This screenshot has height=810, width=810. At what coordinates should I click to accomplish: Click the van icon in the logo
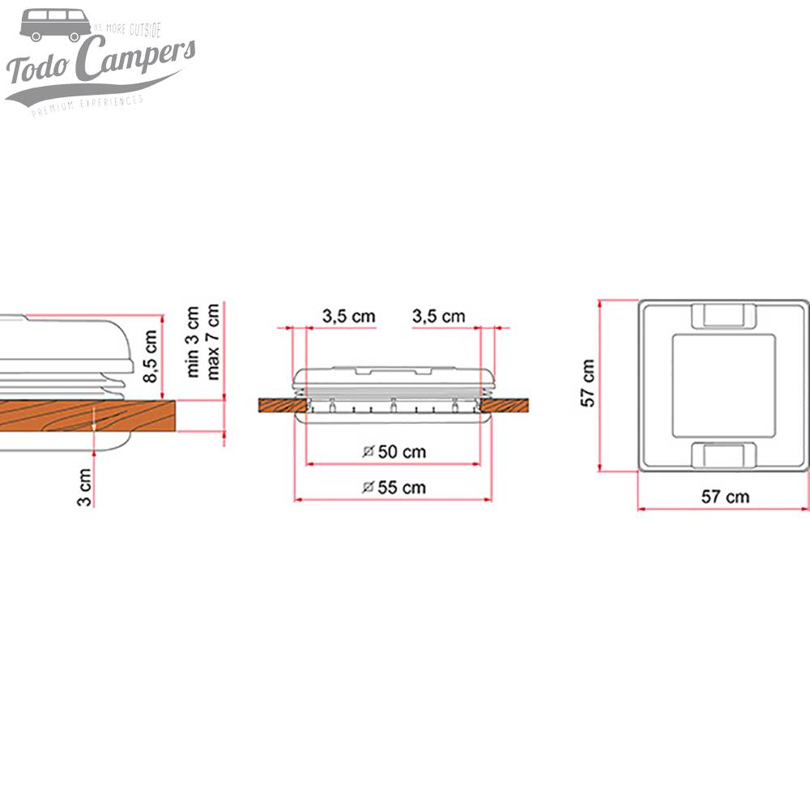(54, 25)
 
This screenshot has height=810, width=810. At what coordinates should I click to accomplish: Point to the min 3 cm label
(193, 341)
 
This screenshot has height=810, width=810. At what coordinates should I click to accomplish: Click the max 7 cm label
(213, 341)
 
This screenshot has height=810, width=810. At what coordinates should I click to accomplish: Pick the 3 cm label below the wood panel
(84, 487)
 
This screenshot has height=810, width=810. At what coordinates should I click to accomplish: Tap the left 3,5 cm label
(348, 316)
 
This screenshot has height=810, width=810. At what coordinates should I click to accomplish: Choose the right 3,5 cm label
(438, 316)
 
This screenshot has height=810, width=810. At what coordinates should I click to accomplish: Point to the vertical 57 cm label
(589, 382)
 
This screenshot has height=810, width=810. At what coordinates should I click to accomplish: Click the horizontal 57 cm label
(725, 497)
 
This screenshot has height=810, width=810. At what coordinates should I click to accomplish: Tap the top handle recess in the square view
(723, 315)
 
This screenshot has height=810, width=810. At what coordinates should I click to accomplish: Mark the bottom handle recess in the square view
(723, 454)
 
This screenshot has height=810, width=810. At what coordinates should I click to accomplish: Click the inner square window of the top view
(723, 384)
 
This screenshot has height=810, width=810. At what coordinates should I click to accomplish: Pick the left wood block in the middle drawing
(282, 404)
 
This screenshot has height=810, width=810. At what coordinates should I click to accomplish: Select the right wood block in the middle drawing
(505, 404)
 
